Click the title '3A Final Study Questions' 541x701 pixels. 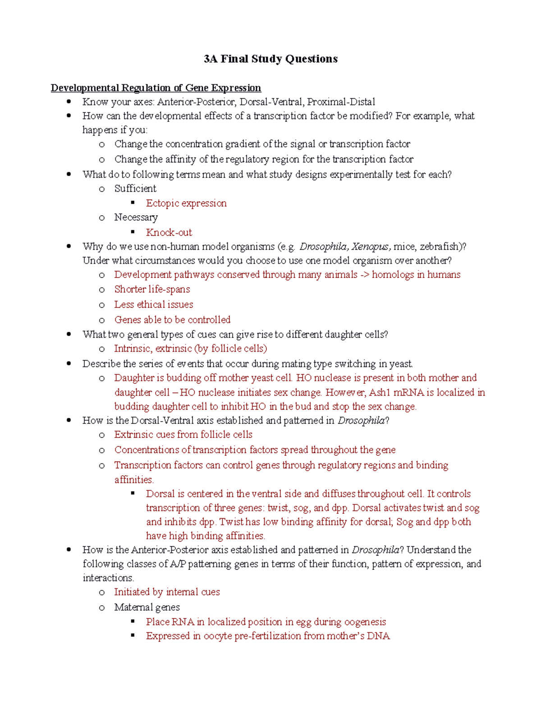click(x=270, y=59)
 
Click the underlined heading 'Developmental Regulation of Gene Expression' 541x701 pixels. click(x=156, y=88)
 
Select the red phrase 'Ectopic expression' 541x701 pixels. click(x=186, y=203)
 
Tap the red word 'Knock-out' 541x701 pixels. click(x=169, y=232)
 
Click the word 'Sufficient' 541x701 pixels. click(x=135, y=189)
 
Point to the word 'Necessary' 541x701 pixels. click(x=136, y=218)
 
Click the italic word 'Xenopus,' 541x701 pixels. click(x=371, y=246)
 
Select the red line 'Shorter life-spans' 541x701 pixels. click(x=152, y=289)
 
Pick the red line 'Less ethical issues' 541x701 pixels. click(x=153, y=305)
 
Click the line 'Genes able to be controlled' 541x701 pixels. click(x=172, y=320)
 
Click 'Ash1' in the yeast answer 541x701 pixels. click(x=380, y=392)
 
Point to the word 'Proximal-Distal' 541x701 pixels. click(x=341, y=102)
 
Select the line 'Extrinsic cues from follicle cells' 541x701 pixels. click(x=183, y=435)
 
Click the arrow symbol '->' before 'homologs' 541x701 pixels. click(x=364, y=274)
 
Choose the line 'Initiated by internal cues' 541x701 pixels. click(x=167, y=592)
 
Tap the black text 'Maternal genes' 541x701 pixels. click(x=147, y=607)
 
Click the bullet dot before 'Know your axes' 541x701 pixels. click(x=69, y=102)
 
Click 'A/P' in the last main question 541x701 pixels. click(x=178, y=564)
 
